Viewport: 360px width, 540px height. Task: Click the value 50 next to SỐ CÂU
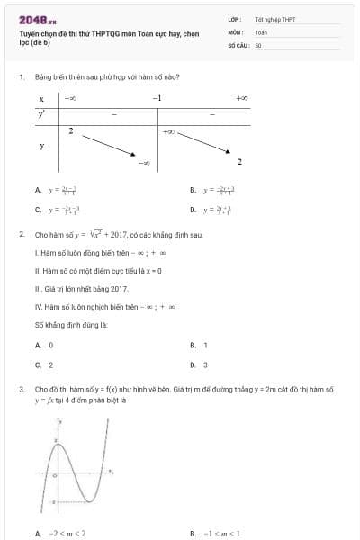pos(258,44)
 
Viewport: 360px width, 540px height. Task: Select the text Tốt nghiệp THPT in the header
pos(275,18)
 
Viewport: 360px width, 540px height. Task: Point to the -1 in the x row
pos(157,97)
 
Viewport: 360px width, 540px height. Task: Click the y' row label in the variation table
pos(41,114)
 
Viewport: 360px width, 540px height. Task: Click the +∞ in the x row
pos(241,97)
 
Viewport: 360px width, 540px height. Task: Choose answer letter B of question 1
pos(193,191)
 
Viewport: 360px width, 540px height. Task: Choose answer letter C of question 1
pos(38,210)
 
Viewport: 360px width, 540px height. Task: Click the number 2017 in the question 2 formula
pos(120,235)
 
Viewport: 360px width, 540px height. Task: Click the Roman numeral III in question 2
pos(39,289)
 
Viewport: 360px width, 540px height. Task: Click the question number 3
pos(21,389)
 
